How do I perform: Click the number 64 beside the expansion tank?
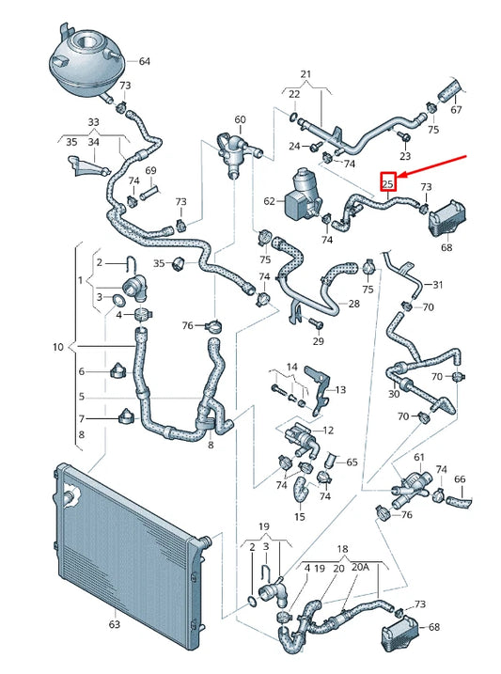point(144,62)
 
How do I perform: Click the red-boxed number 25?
point(387,183)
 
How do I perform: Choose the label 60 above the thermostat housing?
point(240,119)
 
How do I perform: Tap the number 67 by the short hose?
point(456,110)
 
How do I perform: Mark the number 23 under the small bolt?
point(406,154)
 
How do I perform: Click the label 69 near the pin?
point(150,170)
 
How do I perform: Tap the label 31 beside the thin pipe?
point(435,284)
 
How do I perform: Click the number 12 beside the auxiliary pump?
point(328,430)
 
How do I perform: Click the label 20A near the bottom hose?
point(359,568)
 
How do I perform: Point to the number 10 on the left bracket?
point(59,348)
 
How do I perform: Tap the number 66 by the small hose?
point(460,479)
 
